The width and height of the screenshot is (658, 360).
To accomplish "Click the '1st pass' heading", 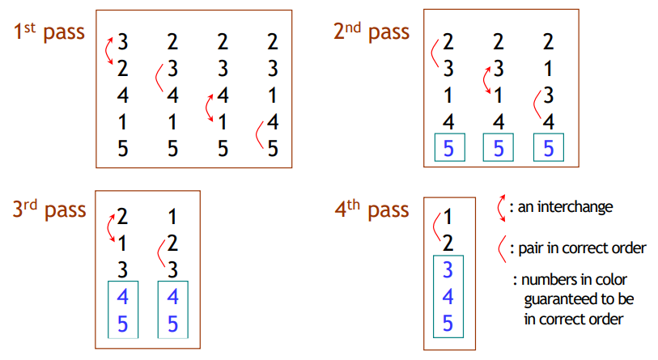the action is (x=49, y=32).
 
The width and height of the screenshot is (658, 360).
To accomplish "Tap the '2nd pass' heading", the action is (x=371, y=32).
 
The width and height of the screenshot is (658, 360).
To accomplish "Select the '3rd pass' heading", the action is (x=49, y=209).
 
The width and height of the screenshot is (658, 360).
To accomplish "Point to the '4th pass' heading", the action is (x=371, y=209).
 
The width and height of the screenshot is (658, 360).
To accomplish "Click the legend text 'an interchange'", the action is (x=565, y=207).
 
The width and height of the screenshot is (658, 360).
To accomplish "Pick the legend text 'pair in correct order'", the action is (x=582, y=248).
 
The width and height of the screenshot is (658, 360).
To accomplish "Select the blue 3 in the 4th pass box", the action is (x=448, y=269).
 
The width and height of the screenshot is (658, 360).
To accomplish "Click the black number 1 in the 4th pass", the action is (x=448, y=217).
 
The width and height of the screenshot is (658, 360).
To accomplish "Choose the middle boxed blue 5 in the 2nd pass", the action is (x=498, y=148).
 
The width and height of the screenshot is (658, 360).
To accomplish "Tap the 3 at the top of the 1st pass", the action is (x=122, y=42).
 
